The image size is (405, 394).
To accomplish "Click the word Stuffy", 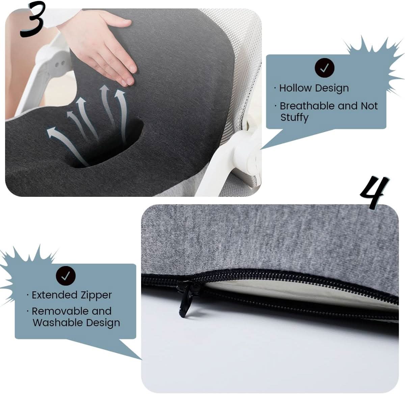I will (x=294, y=117).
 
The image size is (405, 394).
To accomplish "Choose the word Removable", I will (x=55, y=311).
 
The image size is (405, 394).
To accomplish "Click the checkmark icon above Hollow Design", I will (x=324, y=68).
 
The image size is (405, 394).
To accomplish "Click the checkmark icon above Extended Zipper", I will (x=66, y=275).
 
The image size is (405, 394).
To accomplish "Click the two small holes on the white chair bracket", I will (x=60, y=64).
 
